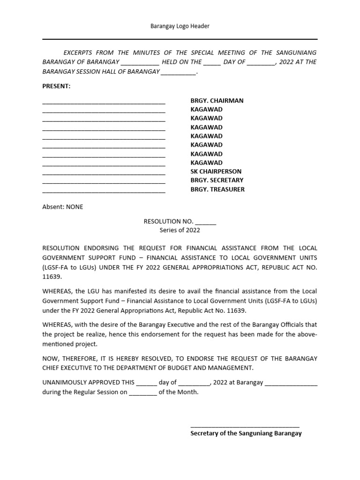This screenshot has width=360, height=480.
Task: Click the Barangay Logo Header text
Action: [180, 26]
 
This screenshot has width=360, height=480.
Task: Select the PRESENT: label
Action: [56, 86]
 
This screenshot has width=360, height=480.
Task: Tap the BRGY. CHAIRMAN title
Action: [217, 100]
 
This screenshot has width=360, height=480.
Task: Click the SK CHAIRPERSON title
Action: [216, 172]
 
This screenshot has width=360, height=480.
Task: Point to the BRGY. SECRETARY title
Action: [217, 180]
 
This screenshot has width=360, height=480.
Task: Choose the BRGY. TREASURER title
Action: [217, 189]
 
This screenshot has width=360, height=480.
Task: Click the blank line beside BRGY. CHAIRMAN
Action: [104, 102]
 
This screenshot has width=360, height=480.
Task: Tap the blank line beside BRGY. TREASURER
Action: [104, 191]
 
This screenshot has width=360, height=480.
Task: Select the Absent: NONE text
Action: [63, 207]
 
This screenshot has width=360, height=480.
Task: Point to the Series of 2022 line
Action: [180, 230]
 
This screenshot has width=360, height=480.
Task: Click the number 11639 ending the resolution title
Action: [52, 277]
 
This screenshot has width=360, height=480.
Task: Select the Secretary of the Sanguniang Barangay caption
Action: [246, 434]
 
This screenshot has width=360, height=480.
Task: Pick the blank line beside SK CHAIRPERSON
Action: [104, 173]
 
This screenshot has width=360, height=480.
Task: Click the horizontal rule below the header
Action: [180, 40]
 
